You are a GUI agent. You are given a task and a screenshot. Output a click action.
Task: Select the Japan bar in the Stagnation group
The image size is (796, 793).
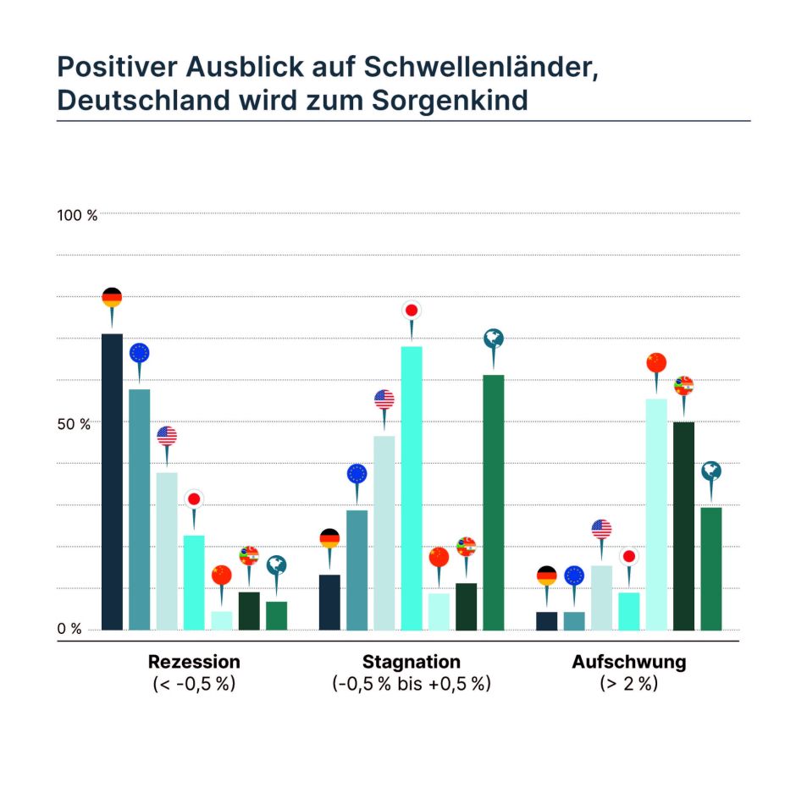click(412, 487)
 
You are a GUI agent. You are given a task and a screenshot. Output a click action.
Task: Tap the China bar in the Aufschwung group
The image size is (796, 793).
click(656, 514)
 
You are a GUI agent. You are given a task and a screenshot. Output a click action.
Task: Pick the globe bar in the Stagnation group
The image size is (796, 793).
click(494, 502)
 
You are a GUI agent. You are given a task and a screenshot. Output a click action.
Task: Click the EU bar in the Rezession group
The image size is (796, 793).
click(139, 509)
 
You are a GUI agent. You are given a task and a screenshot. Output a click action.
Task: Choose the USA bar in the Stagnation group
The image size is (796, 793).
click(384, 532)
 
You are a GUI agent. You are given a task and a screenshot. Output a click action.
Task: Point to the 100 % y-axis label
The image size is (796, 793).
click(77, 215)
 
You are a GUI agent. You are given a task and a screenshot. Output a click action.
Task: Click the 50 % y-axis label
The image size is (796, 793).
click(74, 423)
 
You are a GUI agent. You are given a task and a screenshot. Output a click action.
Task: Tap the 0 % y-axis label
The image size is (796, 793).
click(70, 629)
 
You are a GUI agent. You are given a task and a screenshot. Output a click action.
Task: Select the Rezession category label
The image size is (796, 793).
click(194, 662)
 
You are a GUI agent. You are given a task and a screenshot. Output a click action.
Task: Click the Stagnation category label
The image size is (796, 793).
click(412, 662)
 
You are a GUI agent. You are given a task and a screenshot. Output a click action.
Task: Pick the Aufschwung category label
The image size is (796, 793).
click(628, 662)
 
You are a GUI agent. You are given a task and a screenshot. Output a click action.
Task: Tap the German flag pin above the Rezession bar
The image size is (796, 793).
click(112, 298)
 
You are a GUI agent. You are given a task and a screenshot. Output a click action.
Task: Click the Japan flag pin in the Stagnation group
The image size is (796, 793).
click(412, 311)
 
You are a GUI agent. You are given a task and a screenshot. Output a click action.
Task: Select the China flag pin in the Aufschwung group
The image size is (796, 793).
click(656, 363)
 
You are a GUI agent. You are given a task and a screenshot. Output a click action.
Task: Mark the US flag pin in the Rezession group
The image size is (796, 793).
click(167, 436)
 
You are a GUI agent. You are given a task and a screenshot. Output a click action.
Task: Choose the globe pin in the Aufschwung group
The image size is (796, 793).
click(711, 471)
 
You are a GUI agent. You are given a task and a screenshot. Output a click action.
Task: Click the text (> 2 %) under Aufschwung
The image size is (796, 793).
click(628, 684)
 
